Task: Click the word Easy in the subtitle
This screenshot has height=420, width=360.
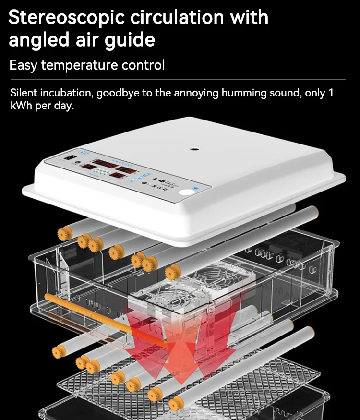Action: point(23,65)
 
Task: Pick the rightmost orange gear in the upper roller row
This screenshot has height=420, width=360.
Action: point(172,273)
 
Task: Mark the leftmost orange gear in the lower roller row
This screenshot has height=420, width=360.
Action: point(59,352)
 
